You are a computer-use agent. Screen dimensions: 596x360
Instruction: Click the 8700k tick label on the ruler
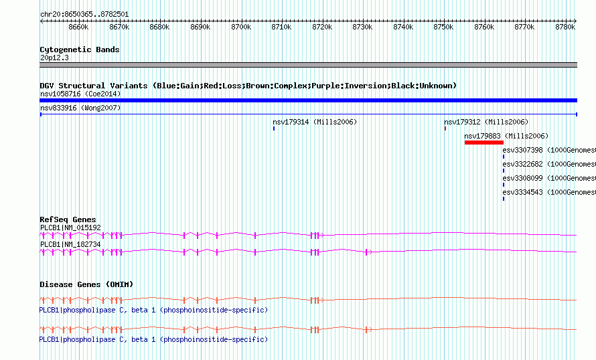tap(241, 27)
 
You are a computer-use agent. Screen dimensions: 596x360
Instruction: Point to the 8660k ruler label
tap(78, 27)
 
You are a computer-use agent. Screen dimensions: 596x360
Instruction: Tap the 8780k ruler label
tap(565, 27)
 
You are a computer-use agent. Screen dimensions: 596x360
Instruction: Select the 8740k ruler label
tap(403, 27)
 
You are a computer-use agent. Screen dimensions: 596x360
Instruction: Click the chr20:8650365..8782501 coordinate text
tap(84, 15)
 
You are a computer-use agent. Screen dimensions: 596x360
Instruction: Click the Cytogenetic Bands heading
tap(80, 50)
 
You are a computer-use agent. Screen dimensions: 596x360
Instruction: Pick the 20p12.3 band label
tap(54, 58)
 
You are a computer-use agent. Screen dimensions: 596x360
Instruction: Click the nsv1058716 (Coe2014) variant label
tap(80, 94)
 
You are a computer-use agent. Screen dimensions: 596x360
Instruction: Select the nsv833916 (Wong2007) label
tap(80, 108)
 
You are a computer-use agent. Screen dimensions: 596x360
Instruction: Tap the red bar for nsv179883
tap(484, 143)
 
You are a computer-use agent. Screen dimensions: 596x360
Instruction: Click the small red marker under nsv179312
tap(445, 128)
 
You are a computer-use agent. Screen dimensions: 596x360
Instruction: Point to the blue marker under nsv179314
tap(274, 128)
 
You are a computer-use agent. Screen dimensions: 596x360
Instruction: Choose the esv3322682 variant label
tap(522, 165)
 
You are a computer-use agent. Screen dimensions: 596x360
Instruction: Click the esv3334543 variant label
tap(522, 193)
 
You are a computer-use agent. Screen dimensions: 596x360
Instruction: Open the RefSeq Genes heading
tap(68, 220)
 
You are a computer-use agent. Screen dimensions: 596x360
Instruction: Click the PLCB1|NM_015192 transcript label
tap(71, 228)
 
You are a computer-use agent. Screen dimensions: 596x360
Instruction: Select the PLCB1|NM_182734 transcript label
tap(71, 244)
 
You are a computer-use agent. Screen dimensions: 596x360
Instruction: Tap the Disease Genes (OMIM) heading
tap(86, 285)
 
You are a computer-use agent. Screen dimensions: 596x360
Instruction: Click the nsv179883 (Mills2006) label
tap(506, 136)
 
